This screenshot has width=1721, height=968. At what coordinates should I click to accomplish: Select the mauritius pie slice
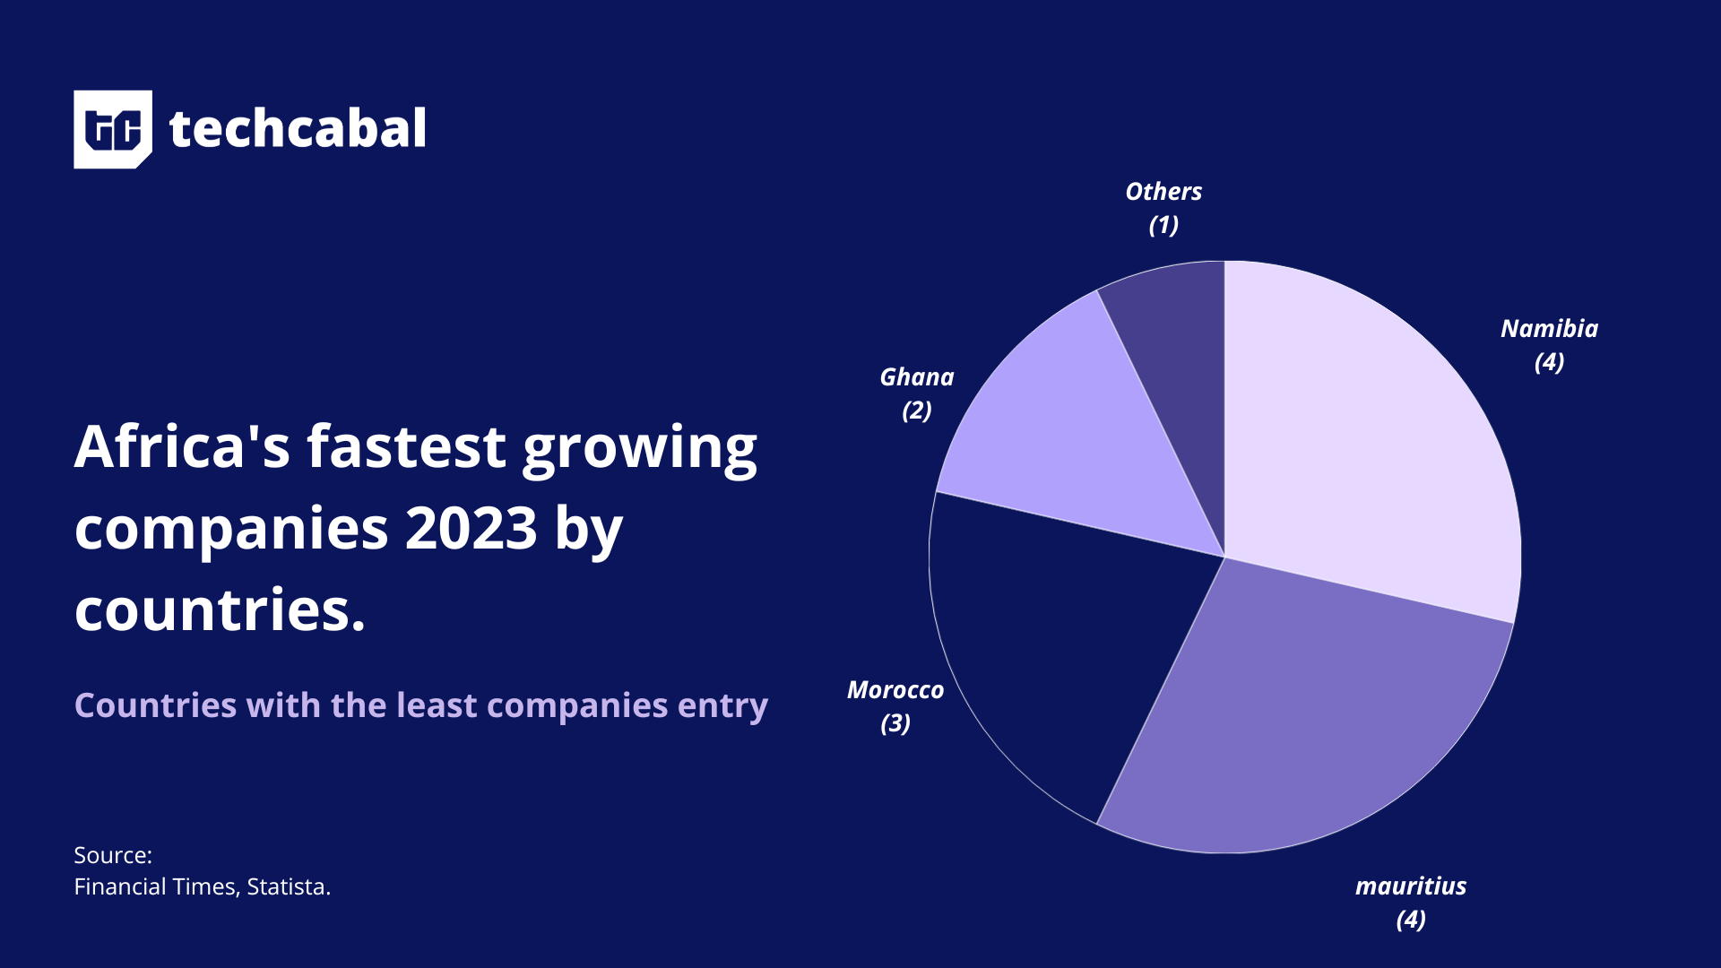[1318, 717]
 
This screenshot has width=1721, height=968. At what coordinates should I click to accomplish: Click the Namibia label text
[1549, 329]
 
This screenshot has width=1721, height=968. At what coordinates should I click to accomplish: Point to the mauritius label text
[1410, 886]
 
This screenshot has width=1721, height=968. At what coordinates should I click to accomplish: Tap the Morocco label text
[895, 690]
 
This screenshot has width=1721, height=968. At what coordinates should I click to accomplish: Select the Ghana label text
[916, 377]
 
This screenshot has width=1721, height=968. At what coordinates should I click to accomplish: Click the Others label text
[1163, 192]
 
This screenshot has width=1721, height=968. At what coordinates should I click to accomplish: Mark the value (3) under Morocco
[895, 723]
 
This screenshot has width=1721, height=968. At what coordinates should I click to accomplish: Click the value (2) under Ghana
[916, 411]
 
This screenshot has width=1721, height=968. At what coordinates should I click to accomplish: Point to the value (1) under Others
[1163, 225]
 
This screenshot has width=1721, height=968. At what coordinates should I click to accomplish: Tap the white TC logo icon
[113, 129]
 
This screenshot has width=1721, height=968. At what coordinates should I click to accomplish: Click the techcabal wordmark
[298, 129]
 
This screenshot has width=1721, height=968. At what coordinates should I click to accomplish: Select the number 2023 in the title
[471, 528]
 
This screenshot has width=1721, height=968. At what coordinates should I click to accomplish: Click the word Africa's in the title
[182, 446]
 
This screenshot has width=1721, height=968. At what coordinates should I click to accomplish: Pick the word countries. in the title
[220, 610]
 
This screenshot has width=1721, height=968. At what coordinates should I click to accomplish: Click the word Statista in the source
[286, 886]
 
